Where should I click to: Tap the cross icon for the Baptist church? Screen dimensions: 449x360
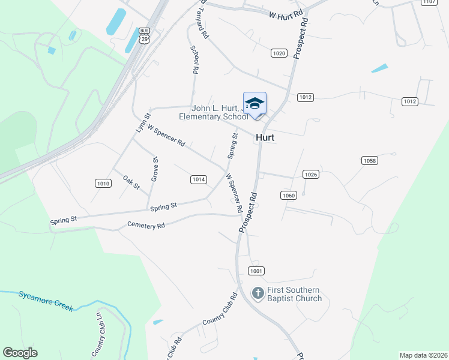point(258,293)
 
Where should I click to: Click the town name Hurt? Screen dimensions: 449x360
point(265,137)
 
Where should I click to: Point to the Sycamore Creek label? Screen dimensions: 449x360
point(46,300)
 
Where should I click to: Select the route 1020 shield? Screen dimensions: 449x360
point(279,53)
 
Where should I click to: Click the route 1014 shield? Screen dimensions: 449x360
point(199,179)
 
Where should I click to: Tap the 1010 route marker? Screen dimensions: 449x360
point(103,183)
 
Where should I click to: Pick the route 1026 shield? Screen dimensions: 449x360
point(310,175)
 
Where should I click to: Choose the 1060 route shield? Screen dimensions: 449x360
point(289,195)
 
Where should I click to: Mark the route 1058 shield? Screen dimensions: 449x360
point(370,160)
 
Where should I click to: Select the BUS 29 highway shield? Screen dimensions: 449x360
point(144,35)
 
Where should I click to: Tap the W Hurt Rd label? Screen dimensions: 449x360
point(285,15)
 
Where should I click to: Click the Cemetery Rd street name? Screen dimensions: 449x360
point(146,226)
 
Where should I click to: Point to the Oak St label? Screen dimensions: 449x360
point(131,182)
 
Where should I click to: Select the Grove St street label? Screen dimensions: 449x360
point(154,169)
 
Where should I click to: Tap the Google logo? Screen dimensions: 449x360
point(20,353)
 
